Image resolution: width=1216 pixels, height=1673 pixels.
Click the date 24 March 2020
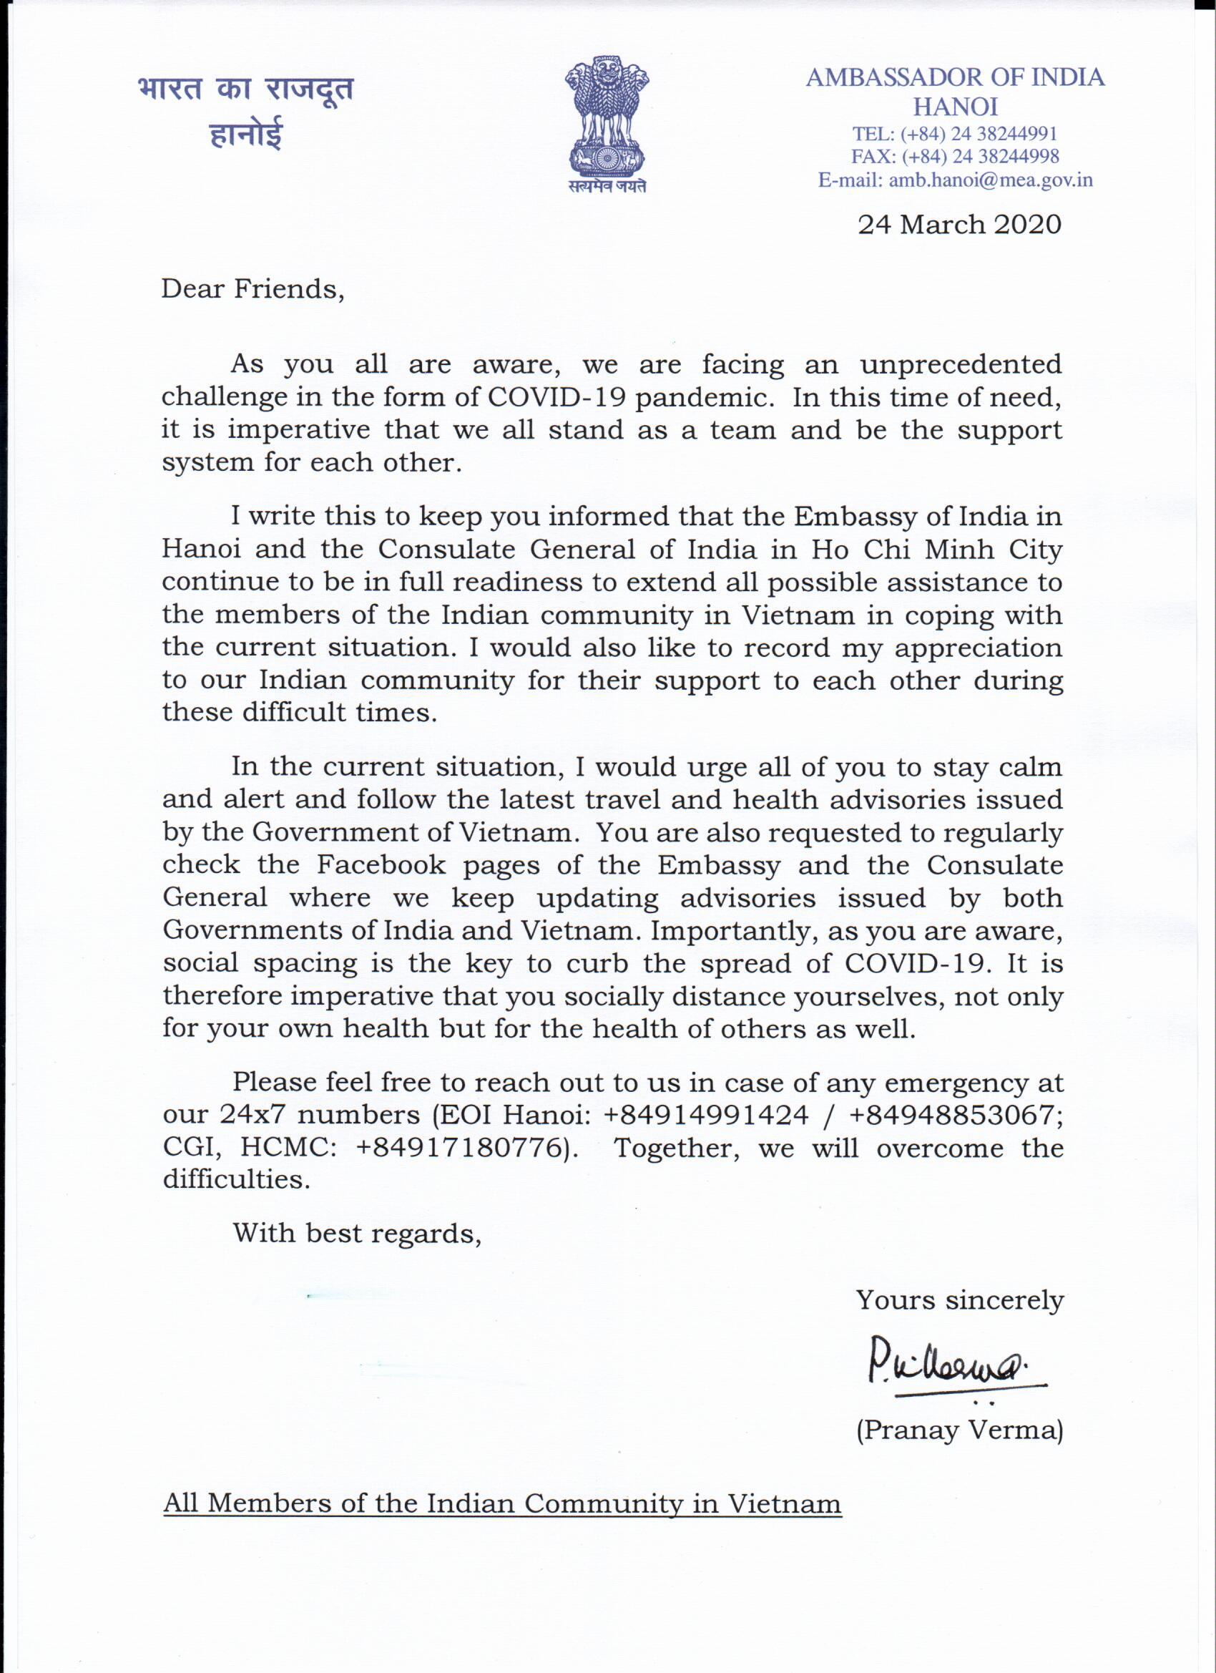click(958, 224)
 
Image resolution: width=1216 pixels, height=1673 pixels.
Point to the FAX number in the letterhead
click(980, 157)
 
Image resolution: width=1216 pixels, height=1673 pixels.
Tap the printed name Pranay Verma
click(959, 1430)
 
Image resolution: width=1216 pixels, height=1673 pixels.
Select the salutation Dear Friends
click(253, 289)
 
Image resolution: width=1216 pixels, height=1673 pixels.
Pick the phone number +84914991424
click(706, 1115)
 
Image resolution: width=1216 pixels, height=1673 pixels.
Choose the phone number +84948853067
click(956, 1115)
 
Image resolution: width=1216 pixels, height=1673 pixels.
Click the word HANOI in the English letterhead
click(955, 107)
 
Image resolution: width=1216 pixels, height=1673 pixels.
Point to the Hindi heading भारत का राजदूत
click(245, 89)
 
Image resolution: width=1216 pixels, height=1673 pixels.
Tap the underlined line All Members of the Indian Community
click(501, 1503)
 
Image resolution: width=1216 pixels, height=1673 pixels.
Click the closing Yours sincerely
click(959, 1299)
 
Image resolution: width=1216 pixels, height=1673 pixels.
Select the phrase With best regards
click(357, 1233)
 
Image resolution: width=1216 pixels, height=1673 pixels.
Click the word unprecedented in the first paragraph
click(960, 364)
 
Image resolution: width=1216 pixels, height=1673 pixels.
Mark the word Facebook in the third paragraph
click(381, 864)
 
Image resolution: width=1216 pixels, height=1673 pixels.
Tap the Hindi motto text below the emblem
click(607, 187)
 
